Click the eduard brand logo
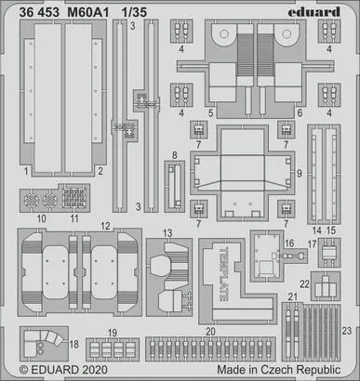point(313,12)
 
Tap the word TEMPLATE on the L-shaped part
point(224,274)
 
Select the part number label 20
point(210,332)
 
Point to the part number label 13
point(167,233)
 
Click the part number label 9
point(300,174)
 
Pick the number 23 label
point(347,331)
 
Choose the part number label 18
point(73,344)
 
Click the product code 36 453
point(39,12)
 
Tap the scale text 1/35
point(134,12)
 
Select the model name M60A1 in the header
point(88,12)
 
